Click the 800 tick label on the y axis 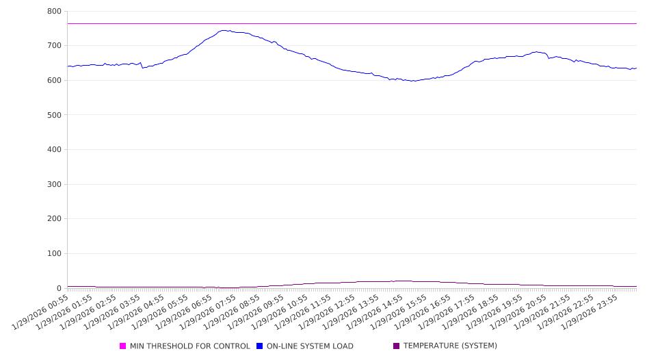point(54,12)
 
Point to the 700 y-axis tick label point(54,46)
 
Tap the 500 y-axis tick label point(54,115)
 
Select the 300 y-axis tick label point(54,184)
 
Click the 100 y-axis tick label point(54,254)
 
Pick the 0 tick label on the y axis point(59,288)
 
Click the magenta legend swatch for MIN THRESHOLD point(123,346)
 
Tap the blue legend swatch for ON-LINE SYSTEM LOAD point(260,346)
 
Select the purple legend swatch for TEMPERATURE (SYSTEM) point(397,346)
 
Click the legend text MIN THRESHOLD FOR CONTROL point(189,346)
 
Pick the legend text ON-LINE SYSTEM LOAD point(310,346)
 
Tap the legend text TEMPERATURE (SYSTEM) point(450,346)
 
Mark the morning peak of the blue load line point(224,30)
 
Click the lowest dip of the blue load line point(412,81)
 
